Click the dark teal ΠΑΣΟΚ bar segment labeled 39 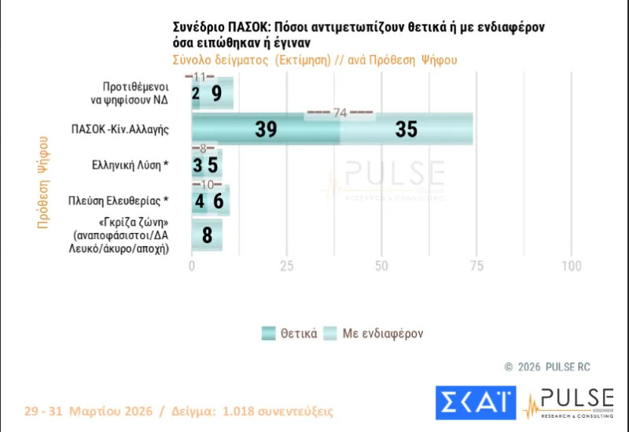coord(266,130)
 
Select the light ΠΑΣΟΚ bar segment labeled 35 coord(406,130)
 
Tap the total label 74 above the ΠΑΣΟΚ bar coord(340,113)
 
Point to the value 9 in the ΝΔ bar coord(216,94)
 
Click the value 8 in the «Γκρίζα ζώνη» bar coord(207,235)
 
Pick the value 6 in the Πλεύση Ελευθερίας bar coord(218,201)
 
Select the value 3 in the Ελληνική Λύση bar coord(197,165)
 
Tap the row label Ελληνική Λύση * coord(131,165)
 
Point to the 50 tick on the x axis coord(381,266)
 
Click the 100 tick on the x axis coord(570,266)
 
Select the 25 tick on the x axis coord(286,266)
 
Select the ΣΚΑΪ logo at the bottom coord(476,402)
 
